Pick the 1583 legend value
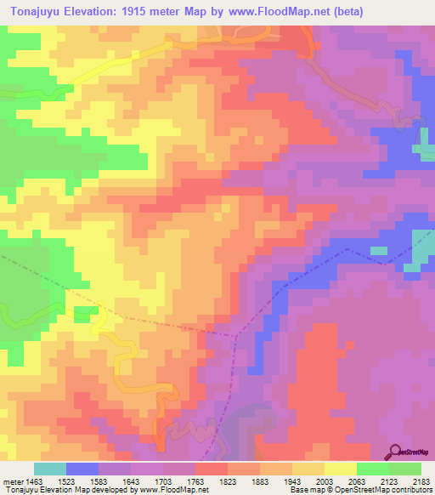115,482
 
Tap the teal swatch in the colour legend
49,469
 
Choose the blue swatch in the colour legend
82,469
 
